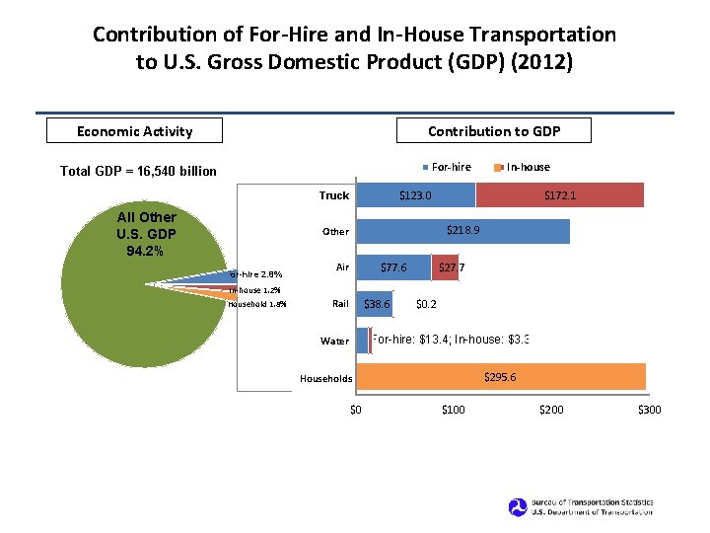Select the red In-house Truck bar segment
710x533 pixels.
click(x=559, y=195)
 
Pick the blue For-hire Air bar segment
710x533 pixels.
click(x=392, y=267)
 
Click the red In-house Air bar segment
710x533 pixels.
click(x=445, y=267)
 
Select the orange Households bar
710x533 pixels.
click(x=500, y=377)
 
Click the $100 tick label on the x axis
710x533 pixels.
click(x=453, y=410)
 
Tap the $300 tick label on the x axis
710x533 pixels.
click(x=650, y=410)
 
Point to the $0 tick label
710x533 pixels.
click(x=356, y=410)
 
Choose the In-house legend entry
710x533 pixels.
click(x=524, y=167)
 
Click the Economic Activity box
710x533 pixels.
click(x=135, y=130)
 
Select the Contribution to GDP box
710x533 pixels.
click(x=493, y=130)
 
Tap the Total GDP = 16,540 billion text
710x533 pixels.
click(x=138, y=171)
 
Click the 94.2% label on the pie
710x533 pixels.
click(x=146, y=251)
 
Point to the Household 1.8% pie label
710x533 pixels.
click(x=256, y=305)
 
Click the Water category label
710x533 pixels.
click(x=334, y=342)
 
